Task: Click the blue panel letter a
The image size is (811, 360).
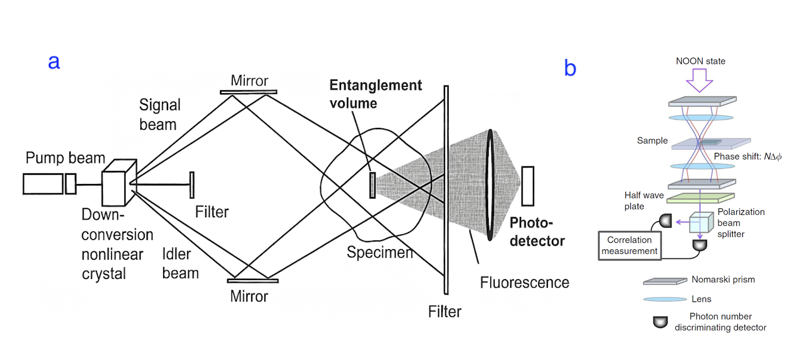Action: click(54, 62)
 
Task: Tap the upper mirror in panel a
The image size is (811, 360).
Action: click(248, 92)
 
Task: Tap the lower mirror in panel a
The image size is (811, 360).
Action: click(253, 281)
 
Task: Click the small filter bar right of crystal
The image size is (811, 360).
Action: click(192, 185)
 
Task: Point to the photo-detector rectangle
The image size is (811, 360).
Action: click(527, 186)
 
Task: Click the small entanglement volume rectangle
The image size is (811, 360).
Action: click(372, 185)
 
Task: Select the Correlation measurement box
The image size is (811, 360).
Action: click(629, 246)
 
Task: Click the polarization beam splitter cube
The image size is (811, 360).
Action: click(701, 222)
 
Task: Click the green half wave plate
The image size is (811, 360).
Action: click(701, 198)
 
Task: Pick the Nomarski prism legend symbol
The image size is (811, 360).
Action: click(665, 281)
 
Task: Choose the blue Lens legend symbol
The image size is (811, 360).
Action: click(665, 299)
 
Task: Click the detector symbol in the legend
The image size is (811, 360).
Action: click(660, 322)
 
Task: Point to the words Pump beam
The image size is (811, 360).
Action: click(65, 158)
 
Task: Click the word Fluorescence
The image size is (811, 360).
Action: click(524, 283)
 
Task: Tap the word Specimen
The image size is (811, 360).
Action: click(380, 252)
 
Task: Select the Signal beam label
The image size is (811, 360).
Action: click(159, 114)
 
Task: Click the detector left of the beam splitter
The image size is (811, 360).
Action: click(665, 221)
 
